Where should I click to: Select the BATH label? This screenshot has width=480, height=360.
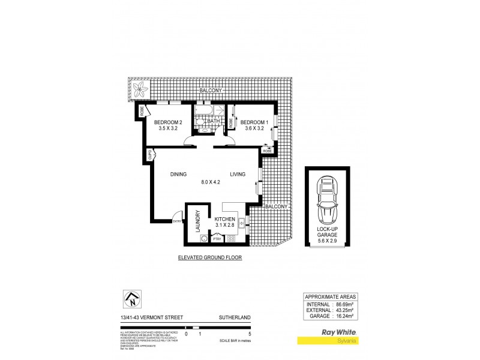click(x=213, y=121)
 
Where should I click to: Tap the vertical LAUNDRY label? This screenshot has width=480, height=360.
click(x=196, y=221)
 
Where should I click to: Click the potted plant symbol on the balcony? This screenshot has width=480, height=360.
click(x=140, y=91)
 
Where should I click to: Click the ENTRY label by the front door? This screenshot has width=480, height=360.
click(x=177, y=222)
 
